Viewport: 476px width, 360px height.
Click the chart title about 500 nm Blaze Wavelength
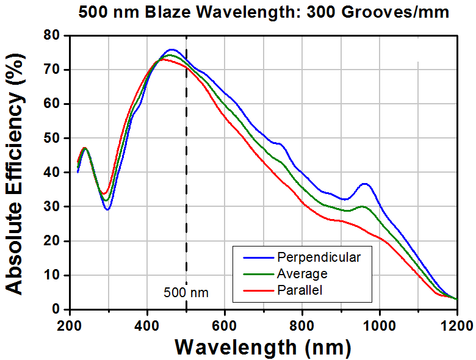pyautogui.click(x=264, y=12)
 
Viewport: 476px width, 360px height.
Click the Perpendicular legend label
pyautogui.click(x=318, y=257)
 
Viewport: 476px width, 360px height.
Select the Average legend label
pyautogui.click(x=302, y=274)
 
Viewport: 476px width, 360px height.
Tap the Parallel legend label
pyautogui.click(x=300, y=290)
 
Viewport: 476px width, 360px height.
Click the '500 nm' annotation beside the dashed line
pyautogui.click(x=186, y=293)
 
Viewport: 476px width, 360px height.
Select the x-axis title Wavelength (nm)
pyautogui.click(x=263, y=347)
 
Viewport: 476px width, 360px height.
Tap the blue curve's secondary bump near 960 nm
pyautogui.click(x=364, y=184)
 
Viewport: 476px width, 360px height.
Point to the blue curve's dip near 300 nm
pyautogui.click(x=107, y=209)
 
